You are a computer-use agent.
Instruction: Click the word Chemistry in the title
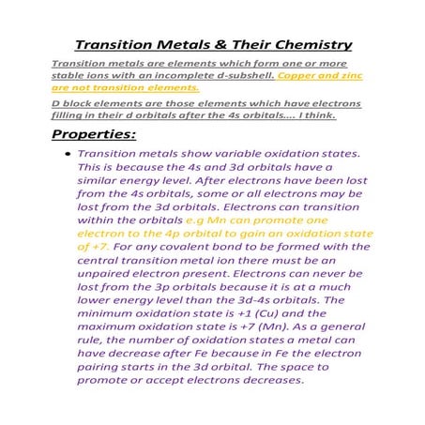pos(308,44)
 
